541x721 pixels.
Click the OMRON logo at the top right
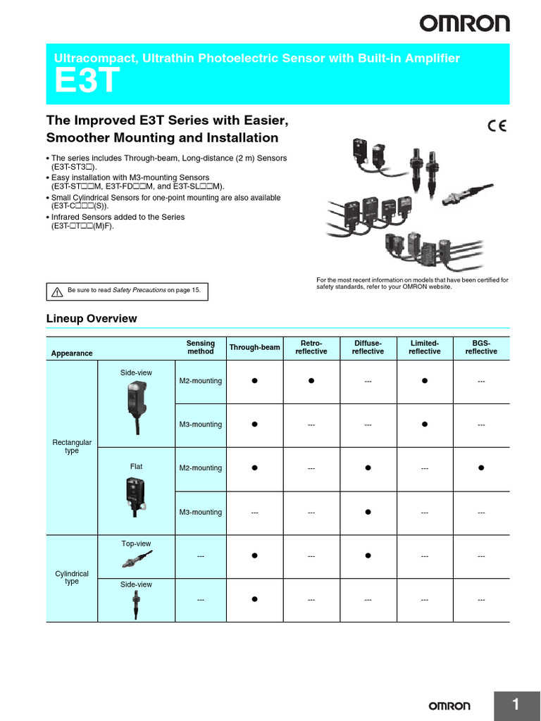[465, 24]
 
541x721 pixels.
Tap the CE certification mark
[497, 127]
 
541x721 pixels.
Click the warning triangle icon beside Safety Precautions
[56, 290]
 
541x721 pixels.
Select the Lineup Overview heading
[92, 319]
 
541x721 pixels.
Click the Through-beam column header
[254, 347]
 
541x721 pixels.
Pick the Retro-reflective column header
[311, 347]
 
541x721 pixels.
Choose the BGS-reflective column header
[481, 347]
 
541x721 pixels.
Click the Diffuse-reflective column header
[368, 347]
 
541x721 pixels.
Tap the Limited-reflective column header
[425, 347]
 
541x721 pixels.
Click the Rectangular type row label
[72, 446]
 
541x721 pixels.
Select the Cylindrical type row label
[72, 578]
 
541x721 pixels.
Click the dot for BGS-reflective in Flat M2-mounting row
[481, 468]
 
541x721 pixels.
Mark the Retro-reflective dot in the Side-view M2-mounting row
[311, 381]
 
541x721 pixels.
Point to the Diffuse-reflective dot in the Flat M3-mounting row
[368, 512]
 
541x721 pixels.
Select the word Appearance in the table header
[72, 353]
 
